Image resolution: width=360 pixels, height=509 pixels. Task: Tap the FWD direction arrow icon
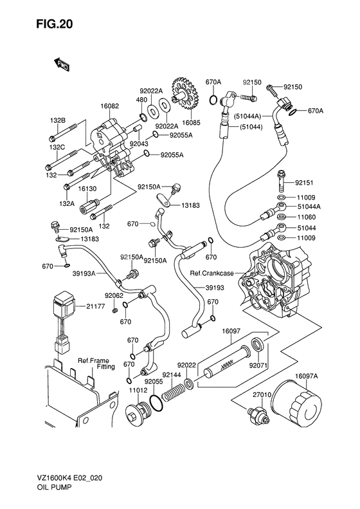click(x=62, y=64)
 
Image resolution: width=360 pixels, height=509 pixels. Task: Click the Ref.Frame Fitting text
click(x=94, y=364)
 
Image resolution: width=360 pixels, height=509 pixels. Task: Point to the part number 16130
click(x=87, y=189)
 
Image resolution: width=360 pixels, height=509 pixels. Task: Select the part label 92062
click(x=114, y=295)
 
